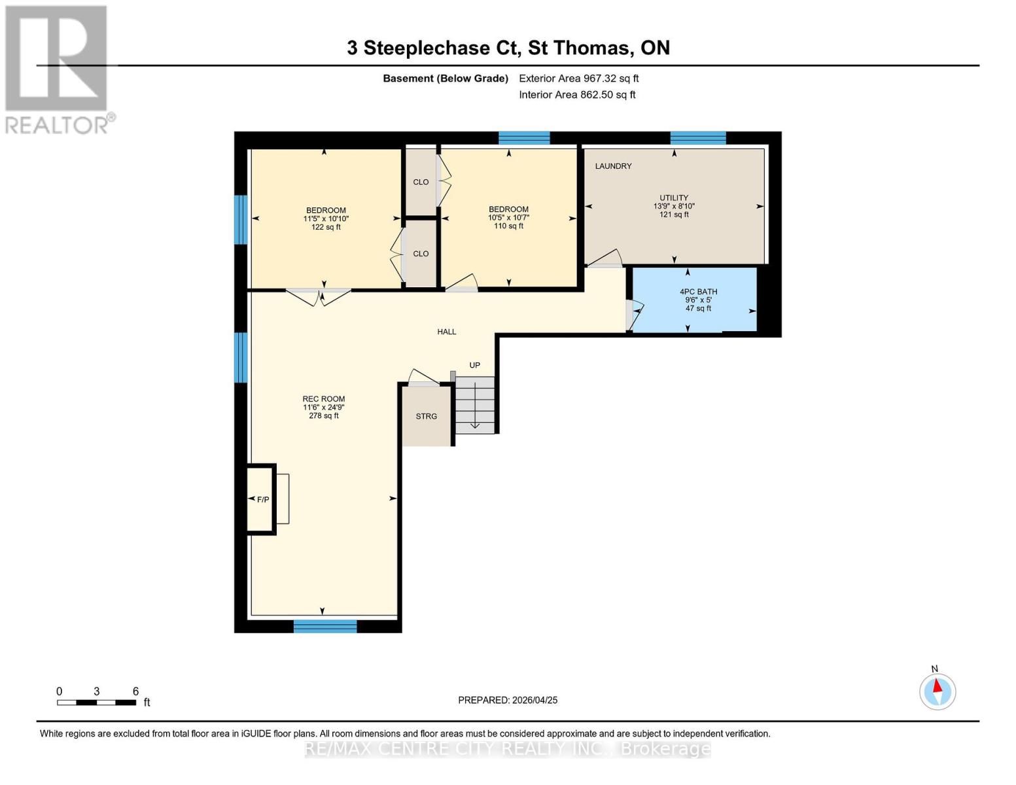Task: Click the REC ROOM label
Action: (323, 399)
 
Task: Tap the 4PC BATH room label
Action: (698, 292)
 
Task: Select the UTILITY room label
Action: (673, 198)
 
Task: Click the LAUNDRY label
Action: (613, 166)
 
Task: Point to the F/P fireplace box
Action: (262, 499)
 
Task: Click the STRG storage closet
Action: (427, 416)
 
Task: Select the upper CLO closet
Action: (421, 182)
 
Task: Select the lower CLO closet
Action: (421, 254)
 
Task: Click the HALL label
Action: (447, 332)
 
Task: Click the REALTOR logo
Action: (57, 69)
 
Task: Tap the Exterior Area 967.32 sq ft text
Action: (578, 78)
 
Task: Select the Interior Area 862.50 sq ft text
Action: (577, 95)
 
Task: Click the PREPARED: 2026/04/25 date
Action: (508, 700)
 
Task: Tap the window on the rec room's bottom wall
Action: (325, 626)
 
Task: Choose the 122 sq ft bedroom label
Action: (325, 218)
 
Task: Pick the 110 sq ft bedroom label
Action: (508, 217)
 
